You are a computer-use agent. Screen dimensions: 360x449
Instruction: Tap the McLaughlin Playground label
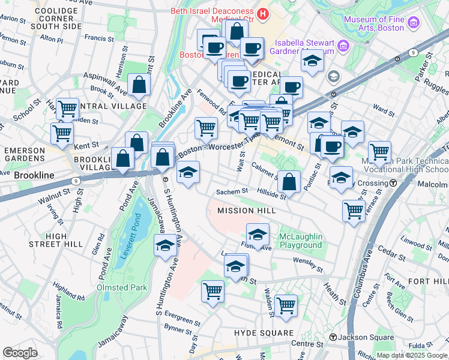pos(300,241)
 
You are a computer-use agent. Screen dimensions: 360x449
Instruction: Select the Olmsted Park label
pos(122,287)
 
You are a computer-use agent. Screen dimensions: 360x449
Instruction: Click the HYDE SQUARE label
pos(264,332)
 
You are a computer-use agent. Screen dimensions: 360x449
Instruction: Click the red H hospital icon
pos(262,13)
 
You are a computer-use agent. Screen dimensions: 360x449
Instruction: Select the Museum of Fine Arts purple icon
pos(412,23)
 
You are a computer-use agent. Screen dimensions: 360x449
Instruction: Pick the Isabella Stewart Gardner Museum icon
pos(342,46)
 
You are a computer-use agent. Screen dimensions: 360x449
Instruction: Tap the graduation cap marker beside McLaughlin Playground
pos(258,235)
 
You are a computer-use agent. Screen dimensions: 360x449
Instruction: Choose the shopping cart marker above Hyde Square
pos(286,304)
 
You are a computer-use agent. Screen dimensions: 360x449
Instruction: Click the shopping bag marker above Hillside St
pos(289,182)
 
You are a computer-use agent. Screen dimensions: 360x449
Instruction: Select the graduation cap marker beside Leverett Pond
pos(165,245)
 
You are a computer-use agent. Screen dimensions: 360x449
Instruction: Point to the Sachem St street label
pos(232,191)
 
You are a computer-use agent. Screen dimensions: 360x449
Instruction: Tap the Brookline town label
pos(34,175)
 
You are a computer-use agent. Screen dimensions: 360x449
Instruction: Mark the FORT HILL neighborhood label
pos(427,281)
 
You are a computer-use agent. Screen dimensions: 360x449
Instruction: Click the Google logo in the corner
pos(20,352)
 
